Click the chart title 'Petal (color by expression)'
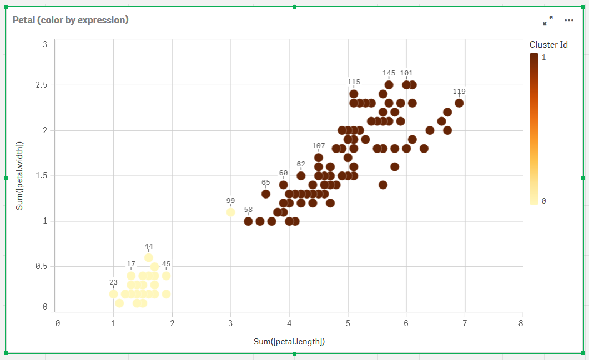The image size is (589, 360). click(x=71, y=20)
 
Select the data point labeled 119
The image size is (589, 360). click(x=459, y=103)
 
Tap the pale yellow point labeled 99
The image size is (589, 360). click(x=230, y=212)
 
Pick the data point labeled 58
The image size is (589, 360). click(x=248, y=221)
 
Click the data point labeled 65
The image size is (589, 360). click(x=266, y=194)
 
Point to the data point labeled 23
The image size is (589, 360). click(x=113, y=294)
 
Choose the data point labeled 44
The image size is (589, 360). click(x=148, y=257)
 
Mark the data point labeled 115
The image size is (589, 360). click(x=354, y=94)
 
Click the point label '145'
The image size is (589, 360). click(x=389, y=73)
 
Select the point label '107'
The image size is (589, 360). click(x=319, y=146)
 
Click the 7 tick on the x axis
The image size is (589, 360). click(x=464, y=323)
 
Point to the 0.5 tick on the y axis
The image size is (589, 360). click(x=41, y=266)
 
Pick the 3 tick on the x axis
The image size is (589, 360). click(x=230, y=323)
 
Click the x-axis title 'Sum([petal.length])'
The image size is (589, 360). click(x=289, y=342)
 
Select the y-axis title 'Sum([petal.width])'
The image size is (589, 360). click(x=20, y=175)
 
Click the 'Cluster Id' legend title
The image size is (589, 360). click(x=548, y=45)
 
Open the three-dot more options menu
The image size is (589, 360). click(x=569, y=21)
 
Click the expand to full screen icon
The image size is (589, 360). click(x=548, y=21)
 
